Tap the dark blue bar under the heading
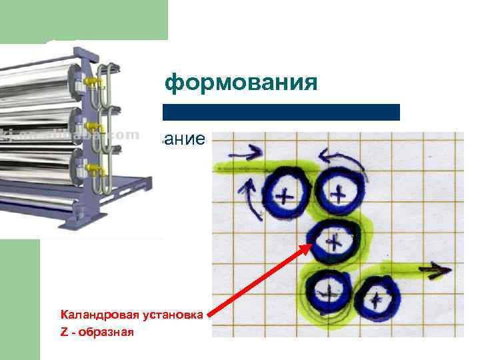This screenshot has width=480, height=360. [x=280, y=112]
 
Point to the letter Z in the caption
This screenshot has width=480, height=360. [x=63, y=331]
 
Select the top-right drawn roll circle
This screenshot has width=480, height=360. [x=340, y=193]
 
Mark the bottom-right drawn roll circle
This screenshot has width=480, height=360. [x=377, y=296]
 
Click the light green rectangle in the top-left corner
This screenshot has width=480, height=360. [x=83, y=20]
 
